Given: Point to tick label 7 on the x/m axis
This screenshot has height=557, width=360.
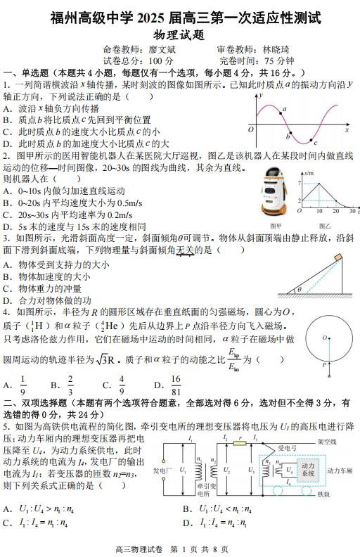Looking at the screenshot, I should (300, 182).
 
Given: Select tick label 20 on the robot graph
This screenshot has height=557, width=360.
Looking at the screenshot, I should (335, 210).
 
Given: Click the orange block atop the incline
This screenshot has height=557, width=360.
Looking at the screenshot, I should (340, 259).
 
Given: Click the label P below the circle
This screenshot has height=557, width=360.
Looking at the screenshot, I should (323, 366).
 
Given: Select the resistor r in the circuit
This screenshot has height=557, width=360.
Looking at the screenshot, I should (239, 444).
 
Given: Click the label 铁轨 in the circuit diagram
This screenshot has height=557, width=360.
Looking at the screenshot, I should (324, 494).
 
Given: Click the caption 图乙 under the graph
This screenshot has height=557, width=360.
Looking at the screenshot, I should (325, 226).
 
